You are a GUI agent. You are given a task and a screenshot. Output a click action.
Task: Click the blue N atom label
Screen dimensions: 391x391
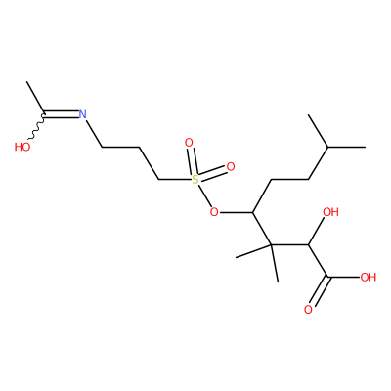(x=83, y=114)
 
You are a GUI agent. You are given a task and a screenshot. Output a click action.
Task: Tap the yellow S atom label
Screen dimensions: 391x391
(x=195, y=180)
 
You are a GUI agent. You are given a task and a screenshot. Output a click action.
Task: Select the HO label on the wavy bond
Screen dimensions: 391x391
(x=22, y=147)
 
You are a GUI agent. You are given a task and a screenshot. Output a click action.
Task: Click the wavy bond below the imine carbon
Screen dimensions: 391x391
(x=37, y=127)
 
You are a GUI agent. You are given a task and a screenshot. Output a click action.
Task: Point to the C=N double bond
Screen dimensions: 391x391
(x=62, y=114)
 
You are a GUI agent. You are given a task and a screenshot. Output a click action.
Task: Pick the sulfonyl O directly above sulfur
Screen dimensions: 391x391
(x=189, y=143)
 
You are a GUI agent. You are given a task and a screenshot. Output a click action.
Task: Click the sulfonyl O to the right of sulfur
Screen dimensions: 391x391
(x=231, y=167)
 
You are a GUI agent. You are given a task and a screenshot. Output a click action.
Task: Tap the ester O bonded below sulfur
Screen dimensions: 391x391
(x=214, y=212)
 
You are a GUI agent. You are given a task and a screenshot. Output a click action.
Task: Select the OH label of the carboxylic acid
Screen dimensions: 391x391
(x=369, y=278)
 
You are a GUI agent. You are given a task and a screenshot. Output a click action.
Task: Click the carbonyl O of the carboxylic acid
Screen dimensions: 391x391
(x=308, y=310)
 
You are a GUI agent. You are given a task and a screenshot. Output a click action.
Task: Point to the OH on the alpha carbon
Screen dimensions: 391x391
(x=330, y=212)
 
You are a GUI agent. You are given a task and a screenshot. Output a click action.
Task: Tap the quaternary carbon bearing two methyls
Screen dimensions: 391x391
(x=271, y=245)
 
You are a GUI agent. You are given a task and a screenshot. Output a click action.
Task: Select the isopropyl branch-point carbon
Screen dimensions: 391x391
(x=327, y=148)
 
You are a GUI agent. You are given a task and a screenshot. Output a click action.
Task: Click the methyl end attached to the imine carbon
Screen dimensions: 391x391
(x=26, y=82)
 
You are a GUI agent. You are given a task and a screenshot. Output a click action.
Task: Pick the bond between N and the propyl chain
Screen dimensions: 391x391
(x=94, y=133)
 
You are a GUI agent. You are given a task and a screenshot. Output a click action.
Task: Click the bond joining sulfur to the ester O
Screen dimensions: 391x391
(x=204, y=195)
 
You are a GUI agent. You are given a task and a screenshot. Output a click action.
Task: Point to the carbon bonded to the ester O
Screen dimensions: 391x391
(x=252, y=212)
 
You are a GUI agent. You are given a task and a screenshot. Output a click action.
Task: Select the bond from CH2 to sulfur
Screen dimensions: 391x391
(x=175, y=180)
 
